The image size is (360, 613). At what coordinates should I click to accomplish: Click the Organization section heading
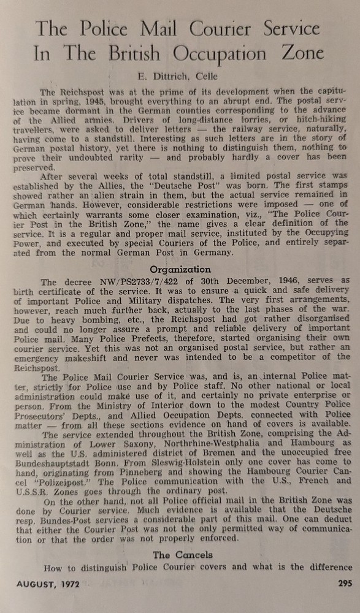[180, 269]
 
